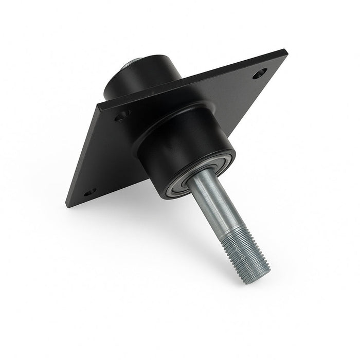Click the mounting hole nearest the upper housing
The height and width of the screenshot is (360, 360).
122,115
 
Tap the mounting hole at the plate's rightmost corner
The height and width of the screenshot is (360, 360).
260,74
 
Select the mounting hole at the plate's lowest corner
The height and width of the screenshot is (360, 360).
90,192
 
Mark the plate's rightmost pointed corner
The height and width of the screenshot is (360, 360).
284,51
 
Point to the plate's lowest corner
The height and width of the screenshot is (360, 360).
68,205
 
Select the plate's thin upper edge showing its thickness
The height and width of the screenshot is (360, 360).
195,77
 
